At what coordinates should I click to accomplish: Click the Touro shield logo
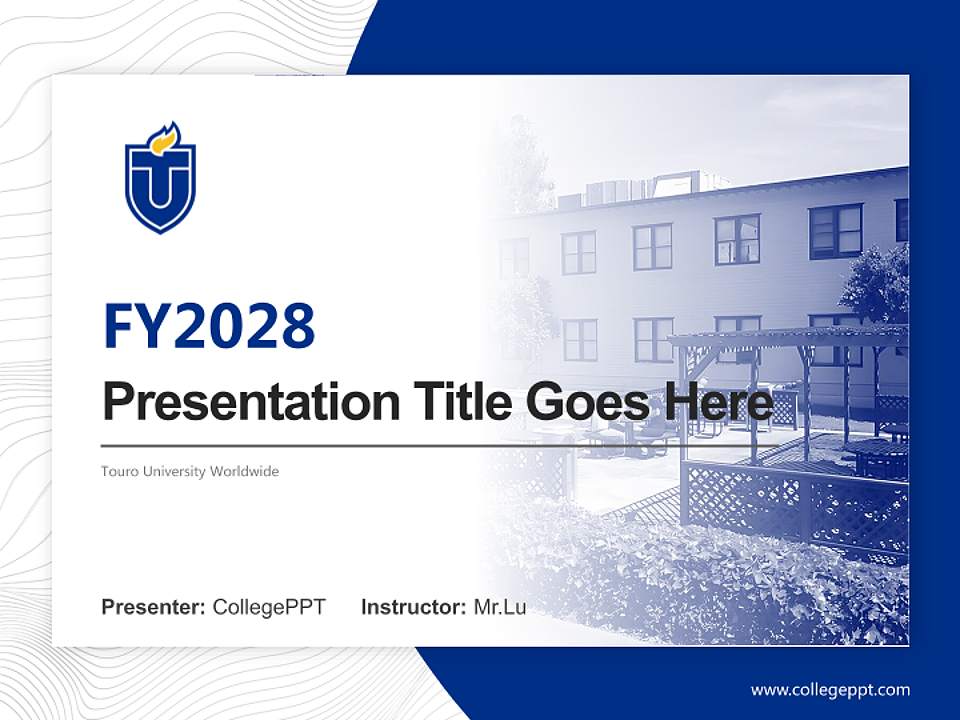click(160, 180)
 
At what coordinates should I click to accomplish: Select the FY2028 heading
click(209, 326)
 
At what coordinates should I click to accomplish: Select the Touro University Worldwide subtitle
click(190, 471)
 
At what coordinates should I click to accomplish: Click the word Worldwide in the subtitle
click(244, 471)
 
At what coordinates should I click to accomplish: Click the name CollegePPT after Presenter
click(269, 607)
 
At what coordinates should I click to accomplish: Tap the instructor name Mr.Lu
click(500, 607)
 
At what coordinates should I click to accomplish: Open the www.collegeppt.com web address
click(830, 690)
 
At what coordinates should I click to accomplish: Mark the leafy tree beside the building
click(880, 280)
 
